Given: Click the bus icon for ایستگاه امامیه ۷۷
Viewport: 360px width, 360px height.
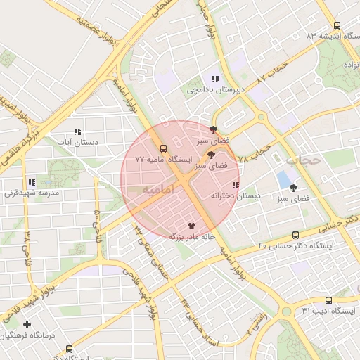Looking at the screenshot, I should tap(163, 148).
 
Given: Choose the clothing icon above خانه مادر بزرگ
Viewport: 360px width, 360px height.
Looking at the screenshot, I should tap(192, 225).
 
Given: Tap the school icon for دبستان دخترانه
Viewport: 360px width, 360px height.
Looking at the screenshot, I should tap(236, 186).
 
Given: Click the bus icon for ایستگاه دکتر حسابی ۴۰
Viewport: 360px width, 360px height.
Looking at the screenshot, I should tap(295, 235).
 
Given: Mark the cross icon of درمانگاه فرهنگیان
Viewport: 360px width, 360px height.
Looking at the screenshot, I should tap(27, 324).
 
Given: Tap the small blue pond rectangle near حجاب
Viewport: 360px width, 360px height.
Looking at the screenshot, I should tap(283, 179).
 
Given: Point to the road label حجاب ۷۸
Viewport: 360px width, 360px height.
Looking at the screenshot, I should tap(255, 154).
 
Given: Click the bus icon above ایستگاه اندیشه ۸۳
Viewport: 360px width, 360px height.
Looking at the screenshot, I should tap(337, 24).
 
